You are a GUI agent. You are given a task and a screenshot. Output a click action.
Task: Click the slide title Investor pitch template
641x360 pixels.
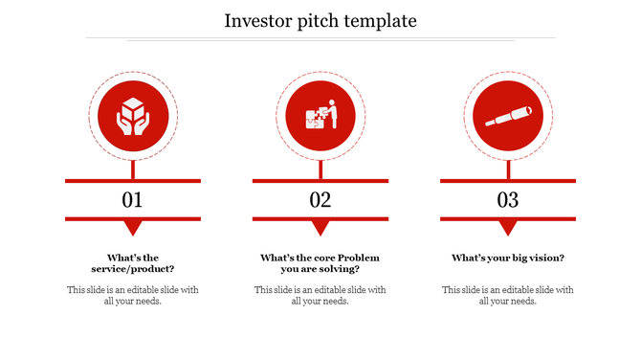[x=320, y=20]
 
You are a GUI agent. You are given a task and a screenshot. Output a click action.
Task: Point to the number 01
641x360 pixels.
[x=132, y=200]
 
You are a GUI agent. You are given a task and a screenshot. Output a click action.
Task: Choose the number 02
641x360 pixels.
[x=320, y=200]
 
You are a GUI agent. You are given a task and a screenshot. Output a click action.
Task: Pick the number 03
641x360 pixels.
[x=507, y=200]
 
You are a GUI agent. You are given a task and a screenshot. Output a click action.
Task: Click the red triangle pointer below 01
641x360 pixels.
[x=132, y=228]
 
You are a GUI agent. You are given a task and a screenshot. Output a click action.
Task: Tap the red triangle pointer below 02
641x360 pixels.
[x=320, y=228]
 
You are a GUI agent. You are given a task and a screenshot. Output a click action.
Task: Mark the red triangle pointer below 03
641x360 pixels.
[x=507, y=228]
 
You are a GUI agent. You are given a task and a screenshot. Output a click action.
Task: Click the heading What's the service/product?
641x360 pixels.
[x=132, y=263]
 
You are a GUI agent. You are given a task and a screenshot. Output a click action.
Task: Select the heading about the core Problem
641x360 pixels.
[x=320, y=263]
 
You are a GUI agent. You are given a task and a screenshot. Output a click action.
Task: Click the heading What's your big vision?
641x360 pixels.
[x=507, y=258]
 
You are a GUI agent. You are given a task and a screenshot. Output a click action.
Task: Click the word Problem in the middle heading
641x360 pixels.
[x=360, y=258]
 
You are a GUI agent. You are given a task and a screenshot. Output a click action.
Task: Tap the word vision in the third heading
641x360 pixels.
[x=543, y=258]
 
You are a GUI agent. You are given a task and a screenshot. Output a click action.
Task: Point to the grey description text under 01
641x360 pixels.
[x=132, y=295]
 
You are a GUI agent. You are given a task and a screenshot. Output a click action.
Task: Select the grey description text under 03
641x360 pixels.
[x=507, y=295]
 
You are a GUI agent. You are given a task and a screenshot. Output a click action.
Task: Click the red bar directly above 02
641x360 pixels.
[x=320, y=180]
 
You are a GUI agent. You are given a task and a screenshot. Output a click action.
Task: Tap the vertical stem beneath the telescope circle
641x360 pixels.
[x=507, y=169]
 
